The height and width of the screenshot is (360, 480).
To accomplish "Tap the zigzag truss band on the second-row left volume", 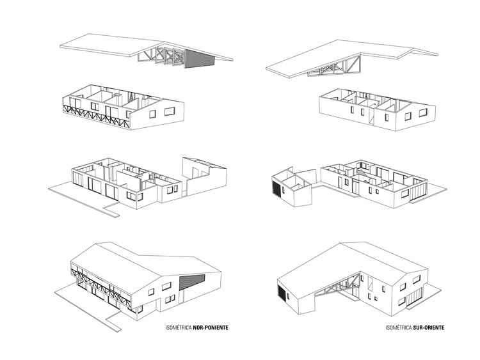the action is (96, 114).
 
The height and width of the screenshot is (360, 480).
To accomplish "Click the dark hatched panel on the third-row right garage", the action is (276, 190).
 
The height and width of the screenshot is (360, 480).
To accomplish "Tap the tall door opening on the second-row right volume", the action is (370, 116).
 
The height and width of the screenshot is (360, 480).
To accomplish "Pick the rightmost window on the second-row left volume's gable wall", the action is (170, 111).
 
